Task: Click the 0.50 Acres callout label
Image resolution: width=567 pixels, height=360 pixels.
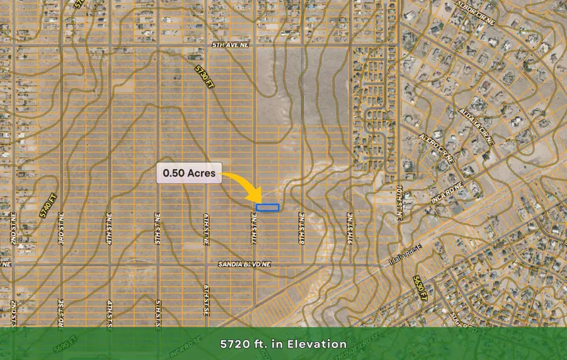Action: [x=189, y=173]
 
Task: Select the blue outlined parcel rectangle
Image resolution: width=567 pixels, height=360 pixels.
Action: [x=268, y=207]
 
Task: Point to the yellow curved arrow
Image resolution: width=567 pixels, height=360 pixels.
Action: [x=244, y=185]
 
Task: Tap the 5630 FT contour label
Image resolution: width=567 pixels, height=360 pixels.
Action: [x=420, y=287]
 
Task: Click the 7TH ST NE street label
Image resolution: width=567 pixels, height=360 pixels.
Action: [x=255, y=224]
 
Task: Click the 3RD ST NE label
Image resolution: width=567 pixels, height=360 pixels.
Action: [x=62, y=224]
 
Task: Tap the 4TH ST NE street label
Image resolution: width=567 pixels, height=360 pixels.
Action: [x=109, y=224]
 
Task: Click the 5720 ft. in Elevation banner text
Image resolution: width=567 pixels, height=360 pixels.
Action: [x=283, y=344]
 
